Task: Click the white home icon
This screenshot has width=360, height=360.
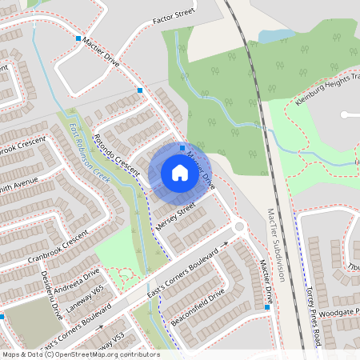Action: point(179,173)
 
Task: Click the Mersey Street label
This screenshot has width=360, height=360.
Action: point(176,217)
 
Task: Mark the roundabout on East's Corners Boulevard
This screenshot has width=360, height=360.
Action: point(238,228)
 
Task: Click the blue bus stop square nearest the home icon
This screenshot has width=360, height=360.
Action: point(182,148)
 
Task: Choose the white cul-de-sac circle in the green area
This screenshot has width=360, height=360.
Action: point(345,114)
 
